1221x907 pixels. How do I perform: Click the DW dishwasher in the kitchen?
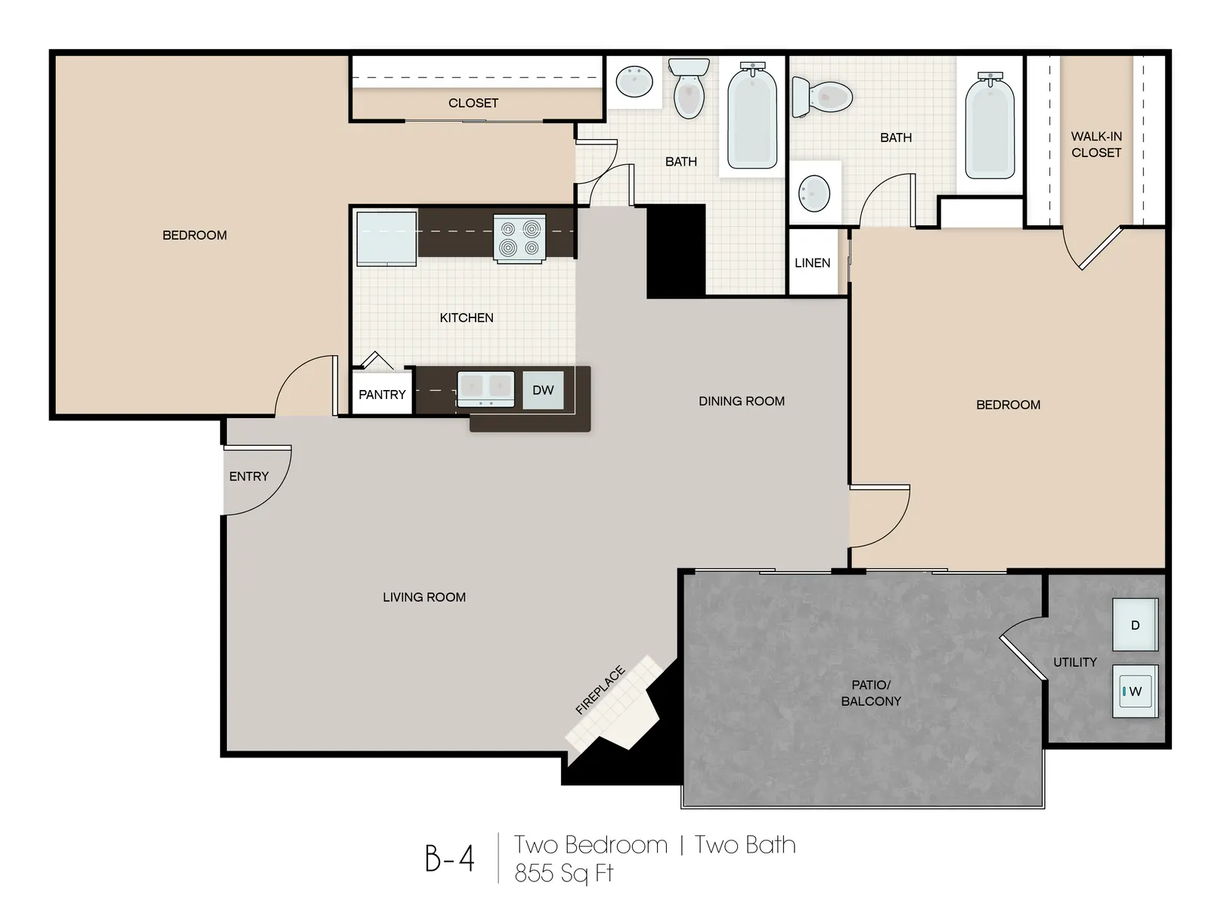[x=543, y=391]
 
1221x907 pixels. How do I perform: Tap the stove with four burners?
[x=519, y=238]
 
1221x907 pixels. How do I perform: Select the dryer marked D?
[x=1135, y=625]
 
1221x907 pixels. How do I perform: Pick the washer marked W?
[x=1135, y=691]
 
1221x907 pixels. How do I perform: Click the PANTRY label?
[x=382, y=395]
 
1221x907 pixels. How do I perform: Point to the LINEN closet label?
[x=812, y=263]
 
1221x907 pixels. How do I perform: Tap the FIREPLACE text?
[x=600, y=690]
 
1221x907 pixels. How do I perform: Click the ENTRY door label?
[x=249, y=476]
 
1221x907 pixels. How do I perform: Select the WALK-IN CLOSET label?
[x=1095, y=144]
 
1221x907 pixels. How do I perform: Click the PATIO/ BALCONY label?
[x=871, y=693]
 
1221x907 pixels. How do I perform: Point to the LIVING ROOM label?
[x=423, y=597]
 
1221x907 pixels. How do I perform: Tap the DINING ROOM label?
[x=741, y=401]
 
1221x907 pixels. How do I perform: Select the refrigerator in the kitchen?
[x=386, y=238]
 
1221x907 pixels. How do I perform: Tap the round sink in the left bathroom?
[x=634, y=80]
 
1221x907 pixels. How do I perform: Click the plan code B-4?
[x=449, y=858]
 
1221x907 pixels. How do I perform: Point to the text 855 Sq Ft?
[x=563, y=873]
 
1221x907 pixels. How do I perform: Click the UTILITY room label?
[x=1074, y=662]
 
